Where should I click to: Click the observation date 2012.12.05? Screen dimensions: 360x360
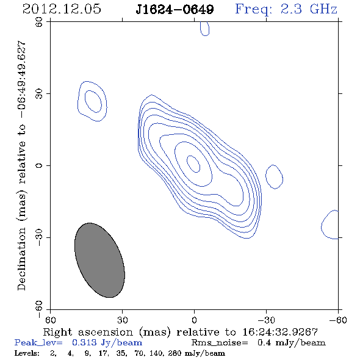(x=62, y=9)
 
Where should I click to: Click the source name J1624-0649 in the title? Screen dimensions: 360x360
(x=175, y=9)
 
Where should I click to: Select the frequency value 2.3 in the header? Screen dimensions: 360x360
(x=291, y=9)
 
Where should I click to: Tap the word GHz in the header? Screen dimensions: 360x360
(x=323, y=9)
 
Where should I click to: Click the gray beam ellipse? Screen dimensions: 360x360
(x=99, y=260)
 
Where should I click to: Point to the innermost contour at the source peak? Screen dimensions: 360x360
(x=193, y=164)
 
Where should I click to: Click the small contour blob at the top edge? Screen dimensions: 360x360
(x=204, y=29)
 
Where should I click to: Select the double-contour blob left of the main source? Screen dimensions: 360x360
(x=92, y=101)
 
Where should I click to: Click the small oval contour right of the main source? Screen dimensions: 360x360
(x=274, y=177)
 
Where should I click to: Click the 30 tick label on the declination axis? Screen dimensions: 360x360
(x=39, y=93)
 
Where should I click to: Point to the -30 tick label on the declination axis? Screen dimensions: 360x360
(x=39, y=237)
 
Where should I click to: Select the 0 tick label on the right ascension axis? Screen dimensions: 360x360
(x=194, y=320)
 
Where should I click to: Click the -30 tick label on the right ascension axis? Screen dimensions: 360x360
(x=266, y=320)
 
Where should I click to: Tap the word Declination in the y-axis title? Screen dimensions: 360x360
(x=21, y=259)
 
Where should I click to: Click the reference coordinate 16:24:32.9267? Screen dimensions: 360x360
(x=280, y=332)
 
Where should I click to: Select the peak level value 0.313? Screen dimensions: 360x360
(x=84, y=342)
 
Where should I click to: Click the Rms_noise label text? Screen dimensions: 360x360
(x=220, y=343)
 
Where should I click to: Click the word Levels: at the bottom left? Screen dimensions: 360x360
(x=27, y=353)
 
